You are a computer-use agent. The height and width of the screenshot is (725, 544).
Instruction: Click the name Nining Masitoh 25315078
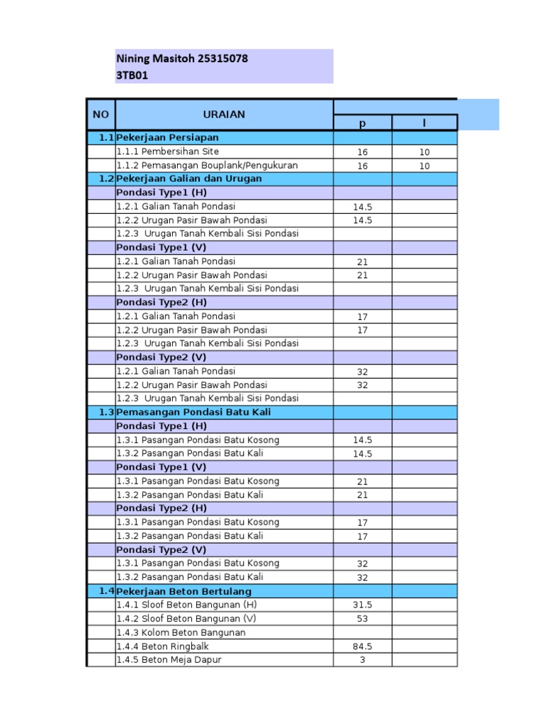(182, 59)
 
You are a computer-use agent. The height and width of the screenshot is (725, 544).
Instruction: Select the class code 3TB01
(132, 76)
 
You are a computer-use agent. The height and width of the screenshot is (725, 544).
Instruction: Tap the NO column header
(101, 114)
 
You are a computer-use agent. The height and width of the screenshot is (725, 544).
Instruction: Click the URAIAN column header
(224, 114)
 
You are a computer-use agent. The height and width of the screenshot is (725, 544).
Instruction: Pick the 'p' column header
(362, 123)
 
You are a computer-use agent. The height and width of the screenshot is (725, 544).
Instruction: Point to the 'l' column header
(424, 123)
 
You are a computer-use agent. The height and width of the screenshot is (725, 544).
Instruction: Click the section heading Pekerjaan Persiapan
(168, 137)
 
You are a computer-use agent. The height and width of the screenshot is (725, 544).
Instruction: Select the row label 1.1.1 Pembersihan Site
(168, 152)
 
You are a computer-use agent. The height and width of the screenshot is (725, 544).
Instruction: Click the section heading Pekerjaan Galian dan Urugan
(189, 178)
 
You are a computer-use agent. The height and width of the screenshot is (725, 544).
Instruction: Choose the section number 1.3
(107, 412)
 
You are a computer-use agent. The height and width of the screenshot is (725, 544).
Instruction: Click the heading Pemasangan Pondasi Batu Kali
(194, 412)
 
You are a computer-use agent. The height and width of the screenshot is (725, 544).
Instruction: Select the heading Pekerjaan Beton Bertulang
(184, 591)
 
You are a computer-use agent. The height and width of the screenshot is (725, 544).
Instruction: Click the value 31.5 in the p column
(362, 605)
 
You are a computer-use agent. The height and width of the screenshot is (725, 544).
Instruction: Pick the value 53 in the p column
(362, 619)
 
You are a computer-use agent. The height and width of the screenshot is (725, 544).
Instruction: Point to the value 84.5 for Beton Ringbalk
(362, 646)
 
